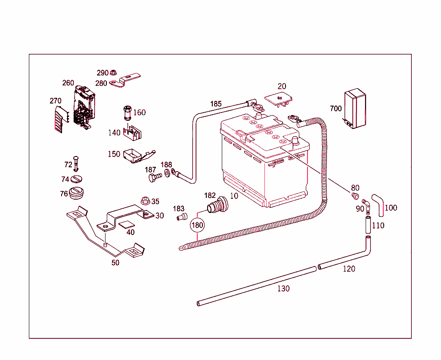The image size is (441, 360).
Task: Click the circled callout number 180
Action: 197,225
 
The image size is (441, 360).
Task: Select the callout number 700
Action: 336,108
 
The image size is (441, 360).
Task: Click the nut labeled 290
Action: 114,73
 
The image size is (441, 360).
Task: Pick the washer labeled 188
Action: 167,173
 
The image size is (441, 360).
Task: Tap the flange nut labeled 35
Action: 145,200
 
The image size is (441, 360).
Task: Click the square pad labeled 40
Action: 126,224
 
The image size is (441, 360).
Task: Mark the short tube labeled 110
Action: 368,225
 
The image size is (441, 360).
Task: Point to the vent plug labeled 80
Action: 355,197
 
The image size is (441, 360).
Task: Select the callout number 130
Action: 283,288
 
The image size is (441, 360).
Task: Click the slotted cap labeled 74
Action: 76,179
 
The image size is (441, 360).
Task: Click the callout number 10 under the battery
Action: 234,196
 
